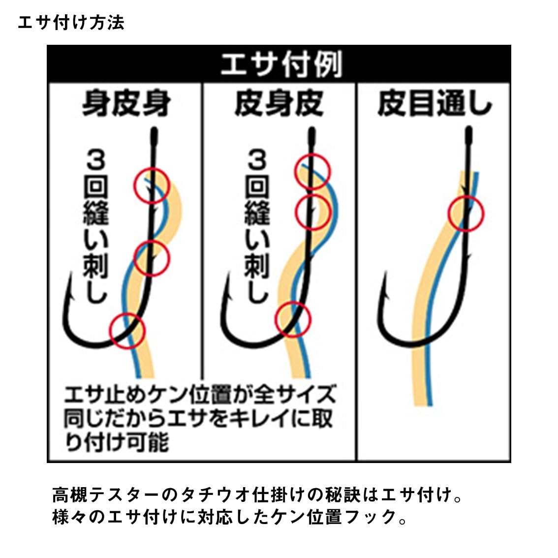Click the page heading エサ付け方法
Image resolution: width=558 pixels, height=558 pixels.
tap(71, 23)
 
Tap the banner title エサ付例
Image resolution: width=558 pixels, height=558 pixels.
tap(281, 64)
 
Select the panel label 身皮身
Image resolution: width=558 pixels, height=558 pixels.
tap(126, 103)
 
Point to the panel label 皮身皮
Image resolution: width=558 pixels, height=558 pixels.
tap(279, 103)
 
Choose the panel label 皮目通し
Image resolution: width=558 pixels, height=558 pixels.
tap(435, 103)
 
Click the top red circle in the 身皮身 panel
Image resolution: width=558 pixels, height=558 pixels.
tap(134, 186)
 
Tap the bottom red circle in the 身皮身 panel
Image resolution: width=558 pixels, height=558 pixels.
tap(110, 331)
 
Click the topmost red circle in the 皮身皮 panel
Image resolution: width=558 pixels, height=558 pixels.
tap(295, 172)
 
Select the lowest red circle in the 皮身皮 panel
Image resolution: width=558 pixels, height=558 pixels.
tap(275, 319)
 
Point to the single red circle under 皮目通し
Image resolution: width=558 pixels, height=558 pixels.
tap(448, 214)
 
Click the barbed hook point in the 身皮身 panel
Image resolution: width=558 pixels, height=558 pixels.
tap(71, 274)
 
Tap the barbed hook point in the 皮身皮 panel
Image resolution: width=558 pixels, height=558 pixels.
tap(228, 274)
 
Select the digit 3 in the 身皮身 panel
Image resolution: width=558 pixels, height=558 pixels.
tap(96, 160)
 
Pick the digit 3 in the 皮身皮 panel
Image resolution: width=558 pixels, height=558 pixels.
tap(257, 160)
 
